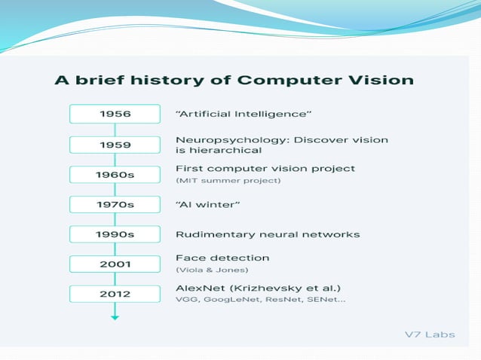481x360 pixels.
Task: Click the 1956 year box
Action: tap(115, 114)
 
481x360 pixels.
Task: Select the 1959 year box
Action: tap(115, 145)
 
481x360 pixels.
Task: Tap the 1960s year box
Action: tap(115, 175)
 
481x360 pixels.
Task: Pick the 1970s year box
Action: tap(115, 204)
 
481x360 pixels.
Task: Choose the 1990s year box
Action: tap(115, 234)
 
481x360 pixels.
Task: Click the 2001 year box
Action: tap(115, 264)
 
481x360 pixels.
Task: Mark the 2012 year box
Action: tap(115, 294)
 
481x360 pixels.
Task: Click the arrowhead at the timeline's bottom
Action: tap(115, 317)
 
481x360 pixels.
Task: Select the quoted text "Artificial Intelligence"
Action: tap(244, 114)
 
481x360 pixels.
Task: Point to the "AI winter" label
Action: tap(207, 204)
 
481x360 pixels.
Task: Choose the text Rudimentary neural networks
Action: tap(267, 234)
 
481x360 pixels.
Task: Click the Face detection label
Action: tap(222, 258)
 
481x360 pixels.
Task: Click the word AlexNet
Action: tap(201, 288)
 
